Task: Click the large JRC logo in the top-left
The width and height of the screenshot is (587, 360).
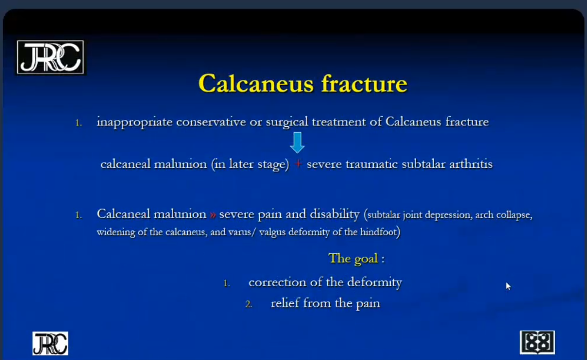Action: coord(50,57)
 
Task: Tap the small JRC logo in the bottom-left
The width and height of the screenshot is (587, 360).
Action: coord(50,343)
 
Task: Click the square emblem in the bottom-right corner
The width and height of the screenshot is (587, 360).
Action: coord(537,342)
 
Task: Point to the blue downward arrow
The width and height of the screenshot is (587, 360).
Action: coord(297,142)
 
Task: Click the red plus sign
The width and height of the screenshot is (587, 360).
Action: coord(298,164)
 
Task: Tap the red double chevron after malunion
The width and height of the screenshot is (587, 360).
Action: coord(213,215)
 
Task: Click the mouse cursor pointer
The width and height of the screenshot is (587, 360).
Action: coord(508,286)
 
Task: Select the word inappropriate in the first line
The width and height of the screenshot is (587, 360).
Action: coord(134,122)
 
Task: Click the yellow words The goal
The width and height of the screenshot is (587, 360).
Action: coord(353,259)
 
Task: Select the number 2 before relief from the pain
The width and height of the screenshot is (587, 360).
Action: coord(248,304)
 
